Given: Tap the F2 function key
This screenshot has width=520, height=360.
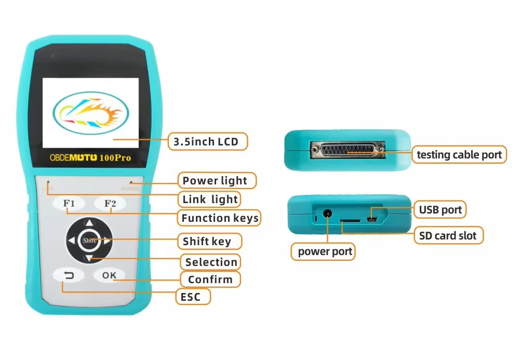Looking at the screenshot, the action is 110,204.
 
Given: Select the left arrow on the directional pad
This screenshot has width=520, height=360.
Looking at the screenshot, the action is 71,241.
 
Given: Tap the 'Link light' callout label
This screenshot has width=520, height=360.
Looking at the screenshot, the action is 210,199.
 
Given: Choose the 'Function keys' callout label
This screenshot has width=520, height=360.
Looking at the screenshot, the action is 219,218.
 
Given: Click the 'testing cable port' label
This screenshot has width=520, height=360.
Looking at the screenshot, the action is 460,154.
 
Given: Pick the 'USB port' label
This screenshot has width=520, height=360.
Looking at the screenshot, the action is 440,210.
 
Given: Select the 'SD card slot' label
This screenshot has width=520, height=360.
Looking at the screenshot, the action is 448,236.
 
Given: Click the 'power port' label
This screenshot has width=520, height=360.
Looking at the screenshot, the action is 325,252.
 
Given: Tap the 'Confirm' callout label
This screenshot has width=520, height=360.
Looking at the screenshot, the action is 210,279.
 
